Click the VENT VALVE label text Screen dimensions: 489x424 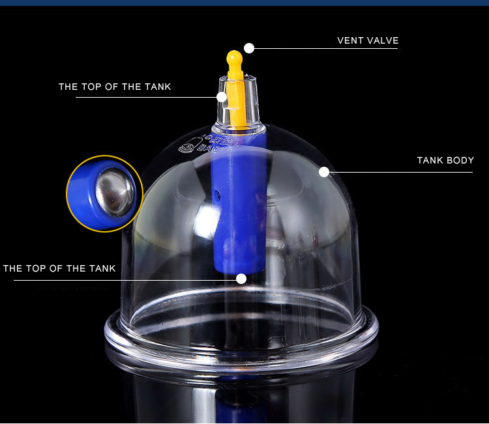pos(368,40)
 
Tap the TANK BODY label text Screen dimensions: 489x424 pos(445,160)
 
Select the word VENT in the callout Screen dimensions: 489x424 pos(351,40)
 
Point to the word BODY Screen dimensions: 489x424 pos(460,160)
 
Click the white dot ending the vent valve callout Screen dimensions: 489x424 pos(249,48)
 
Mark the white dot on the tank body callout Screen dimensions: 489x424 pos(324,172)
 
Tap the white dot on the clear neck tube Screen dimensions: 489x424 pos(222,97)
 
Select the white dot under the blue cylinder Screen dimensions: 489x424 pos(241,279)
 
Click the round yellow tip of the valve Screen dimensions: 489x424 pos(235,57)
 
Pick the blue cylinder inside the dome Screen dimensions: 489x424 pos(239,203)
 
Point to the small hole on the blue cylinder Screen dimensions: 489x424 pos(218,195)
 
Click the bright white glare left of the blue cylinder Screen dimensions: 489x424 pos(207,218)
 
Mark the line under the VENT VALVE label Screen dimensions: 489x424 pos(325,48)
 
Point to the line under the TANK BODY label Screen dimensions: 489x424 pos(401,172)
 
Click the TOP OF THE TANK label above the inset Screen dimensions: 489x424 pos(115,87)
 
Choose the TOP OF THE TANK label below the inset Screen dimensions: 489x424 pos(59,268)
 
